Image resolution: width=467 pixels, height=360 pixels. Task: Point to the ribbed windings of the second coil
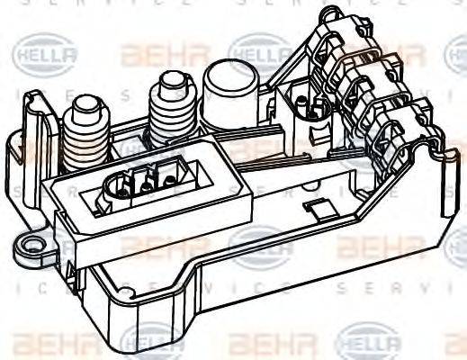click(x=171, y=121)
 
